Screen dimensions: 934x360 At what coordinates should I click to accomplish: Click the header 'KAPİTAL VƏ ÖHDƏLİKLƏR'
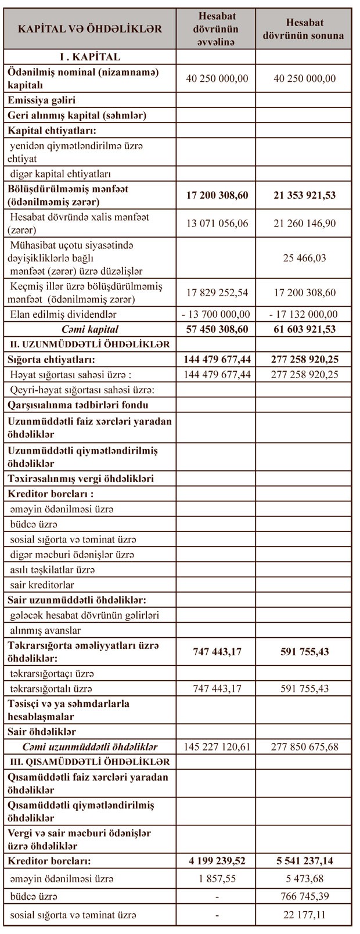pyautogui.click(x=89, y=28)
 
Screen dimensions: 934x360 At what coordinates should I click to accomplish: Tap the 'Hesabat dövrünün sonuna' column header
pyautogui.click(x=303, y=28)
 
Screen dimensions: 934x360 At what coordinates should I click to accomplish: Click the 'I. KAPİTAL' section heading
pyautogui.click(x=89, y=57)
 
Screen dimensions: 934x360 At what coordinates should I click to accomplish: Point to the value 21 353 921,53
pyautogui.click(x=304, y=195)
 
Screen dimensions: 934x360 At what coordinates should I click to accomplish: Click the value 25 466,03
pyautogui.click(x=304, y=257)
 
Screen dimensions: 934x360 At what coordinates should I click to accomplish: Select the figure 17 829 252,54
pyautogui.click(x=217, y=292)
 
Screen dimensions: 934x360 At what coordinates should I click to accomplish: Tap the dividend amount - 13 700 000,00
pyautogui.click(x=217, y=314)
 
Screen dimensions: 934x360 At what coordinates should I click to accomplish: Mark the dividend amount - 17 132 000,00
pyautogui.click(x=304, y=314)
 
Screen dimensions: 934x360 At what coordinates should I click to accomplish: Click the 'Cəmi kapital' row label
pyautogui.click(x=89, y=329)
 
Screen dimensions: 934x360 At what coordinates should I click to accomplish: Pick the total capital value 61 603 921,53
pyautogui.click(x=304, y=329)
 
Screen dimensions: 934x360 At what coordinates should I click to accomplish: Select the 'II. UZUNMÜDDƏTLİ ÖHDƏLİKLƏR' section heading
pyautogui.click(x=89, y=344)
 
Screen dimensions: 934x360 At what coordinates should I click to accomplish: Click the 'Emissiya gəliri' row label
pyautogui.click(x=41, y=100)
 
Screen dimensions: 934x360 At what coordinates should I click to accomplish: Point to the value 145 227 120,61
pyautogui.click(x=217, y=746)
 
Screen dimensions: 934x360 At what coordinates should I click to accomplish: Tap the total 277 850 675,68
pyautogui.click(x=304, y=746)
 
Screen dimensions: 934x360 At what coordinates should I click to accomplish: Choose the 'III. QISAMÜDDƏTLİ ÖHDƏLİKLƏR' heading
pyautogui.click(x=89, y=761)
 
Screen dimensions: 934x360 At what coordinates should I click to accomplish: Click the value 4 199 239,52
pyautogui.click(x=217, y=860)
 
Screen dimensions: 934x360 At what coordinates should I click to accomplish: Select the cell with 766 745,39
pyautogui.click(x=304, y=896)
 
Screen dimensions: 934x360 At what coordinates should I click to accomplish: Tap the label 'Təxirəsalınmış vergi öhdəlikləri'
pyautogui.click(x=81, y=479)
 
